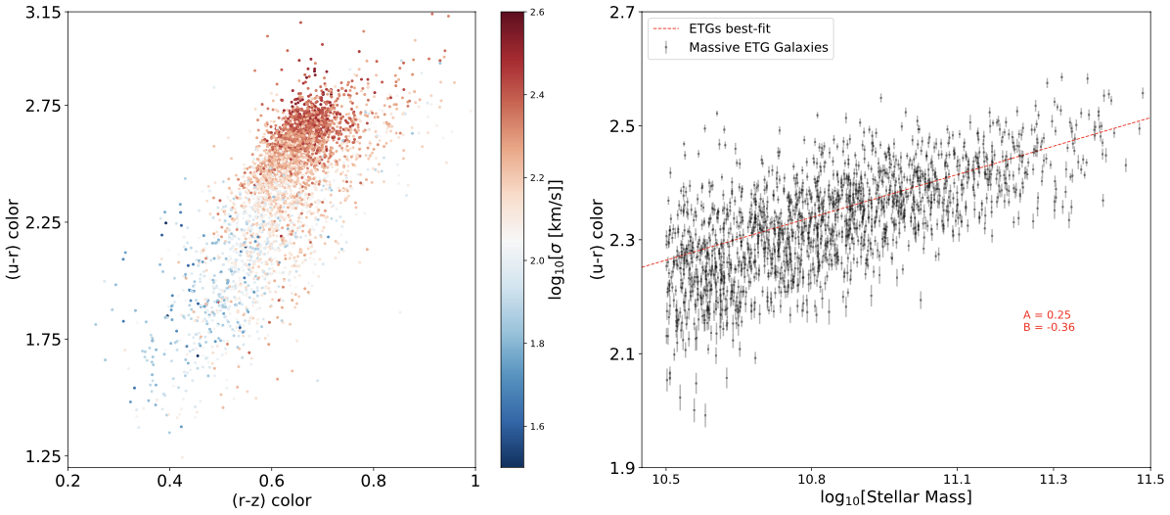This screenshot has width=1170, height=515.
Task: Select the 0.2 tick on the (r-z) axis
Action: point(67,483)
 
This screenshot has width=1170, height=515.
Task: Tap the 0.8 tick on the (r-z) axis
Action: point(373,483)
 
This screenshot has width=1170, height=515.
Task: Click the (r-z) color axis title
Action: point(271,502)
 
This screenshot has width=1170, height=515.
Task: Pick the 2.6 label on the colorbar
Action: point(537,12)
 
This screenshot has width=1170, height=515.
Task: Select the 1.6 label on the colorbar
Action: point(537,427)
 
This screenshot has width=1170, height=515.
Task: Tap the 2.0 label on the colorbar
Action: point(537,260)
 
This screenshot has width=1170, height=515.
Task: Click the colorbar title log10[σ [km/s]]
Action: point(558,238)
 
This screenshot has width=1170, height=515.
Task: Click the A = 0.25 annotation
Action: point(1047,314)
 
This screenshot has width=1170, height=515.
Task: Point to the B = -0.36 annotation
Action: point(1049,327)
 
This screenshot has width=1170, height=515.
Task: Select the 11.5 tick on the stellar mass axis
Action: point(1149,483)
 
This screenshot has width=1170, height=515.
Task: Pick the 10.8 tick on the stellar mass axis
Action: point(811,483)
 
